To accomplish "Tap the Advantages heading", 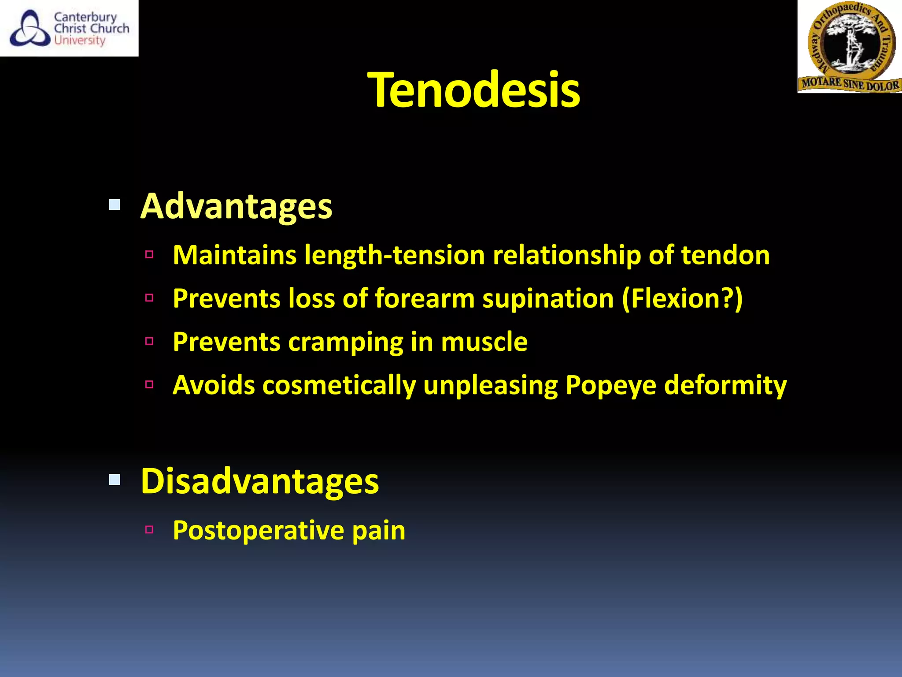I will tap(236, 206).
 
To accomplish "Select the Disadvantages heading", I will tap(259, 481).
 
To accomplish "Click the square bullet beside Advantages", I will tap(115, 205).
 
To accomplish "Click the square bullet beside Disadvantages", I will tap(115, 480).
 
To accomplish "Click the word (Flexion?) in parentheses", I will tap(682, 299).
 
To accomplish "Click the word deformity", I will tap(725, 386).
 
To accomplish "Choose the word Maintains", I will tap(235, 256).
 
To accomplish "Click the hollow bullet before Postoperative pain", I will tap(149, 530).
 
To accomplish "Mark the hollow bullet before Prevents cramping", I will tap(149, 341).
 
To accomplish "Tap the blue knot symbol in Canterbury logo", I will tap(30, 29).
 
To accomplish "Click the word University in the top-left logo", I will tap(80, 41).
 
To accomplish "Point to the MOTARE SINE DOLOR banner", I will tap(850, 84).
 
